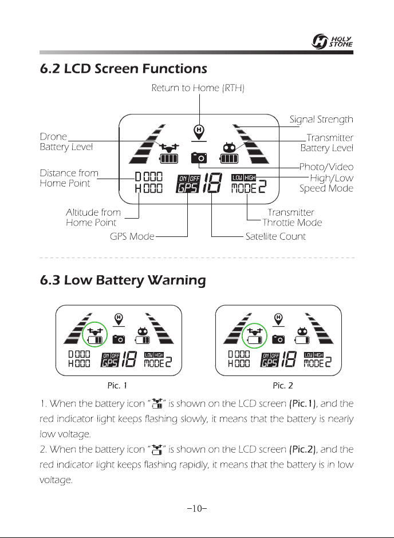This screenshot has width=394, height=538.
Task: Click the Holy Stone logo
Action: click(x=332, y=42)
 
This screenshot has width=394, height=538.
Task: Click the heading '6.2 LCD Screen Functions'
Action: click(x=124, y=68)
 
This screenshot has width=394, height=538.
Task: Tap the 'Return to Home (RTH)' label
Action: click(x=198, y=88)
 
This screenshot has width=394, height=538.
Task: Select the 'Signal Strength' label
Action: click(x=321, y=120)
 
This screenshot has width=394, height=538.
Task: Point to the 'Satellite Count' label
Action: click(x=275, y=236)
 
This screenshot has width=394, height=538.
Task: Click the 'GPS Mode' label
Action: click(x=132, y=236)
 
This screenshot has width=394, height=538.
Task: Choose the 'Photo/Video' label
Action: click(x=326, y=167)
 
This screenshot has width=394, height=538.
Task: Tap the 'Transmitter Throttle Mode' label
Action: click(x=292, y=217)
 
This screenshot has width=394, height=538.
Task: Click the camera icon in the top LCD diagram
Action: click(x=199, y=157)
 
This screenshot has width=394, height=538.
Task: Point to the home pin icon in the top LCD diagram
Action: click(x=199, y=130)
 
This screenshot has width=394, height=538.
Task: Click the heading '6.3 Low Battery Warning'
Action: click(x=123, y=280)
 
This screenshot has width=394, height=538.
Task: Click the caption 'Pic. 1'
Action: click(x=117, y=386)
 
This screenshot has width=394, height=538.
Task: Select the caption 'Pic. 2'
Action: click(x=283, y=386)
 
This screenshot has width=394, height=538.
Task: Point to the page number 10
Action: click(x=197, y=508)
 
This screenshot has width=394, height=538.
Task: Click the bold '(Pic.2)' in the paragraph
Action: click(x=302, y=449)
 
